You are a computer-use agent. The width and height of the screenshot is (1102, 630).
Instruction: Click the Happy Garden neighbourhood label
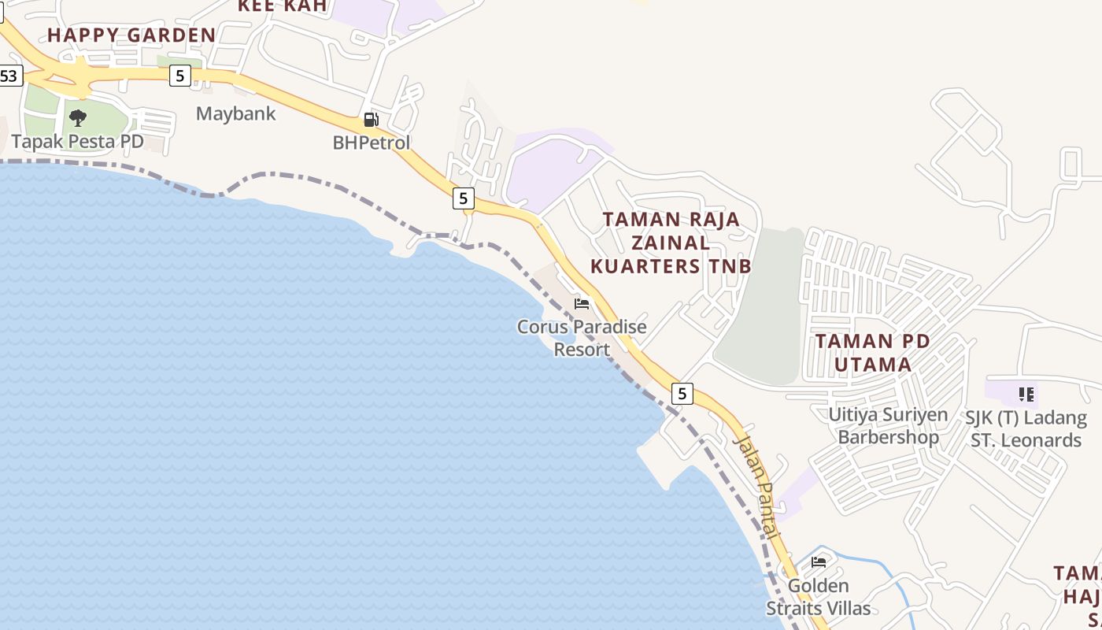(x=131, y=35)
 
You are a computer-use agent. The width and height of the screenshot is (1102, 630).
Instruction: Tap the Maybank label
(x=236, y=113)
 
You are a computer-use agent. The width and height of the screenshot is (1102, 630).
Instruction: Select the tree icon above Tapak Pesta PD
(x=77, y=118)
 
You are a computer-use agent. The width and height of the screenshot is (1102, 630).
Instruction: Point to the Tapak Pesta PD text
(x=77, y=142)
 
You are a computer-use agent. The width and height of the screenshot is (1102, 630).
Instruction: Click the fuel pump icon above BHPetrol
(x=371, y=120)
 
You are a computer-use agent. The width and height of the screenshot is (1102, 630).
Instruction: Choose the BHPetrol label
(x=372, y=143)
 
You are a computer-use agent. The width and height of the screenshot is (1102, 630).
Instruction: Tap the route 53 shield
(x=9, y=76)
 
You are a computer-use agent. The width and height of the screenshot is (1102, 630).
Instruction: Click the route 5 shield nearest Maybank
(x=180, y=76)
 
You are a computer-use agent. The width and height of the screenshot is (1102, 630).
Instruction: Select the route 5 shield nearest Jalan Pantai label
(x=682, y=393)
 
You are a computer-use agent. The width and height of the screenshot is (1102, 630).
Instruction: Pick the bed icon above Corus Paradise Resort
(x=582, y=303)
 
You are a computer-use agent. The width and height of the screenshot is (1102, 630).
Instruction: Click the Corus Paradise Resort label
(x=582, y=338)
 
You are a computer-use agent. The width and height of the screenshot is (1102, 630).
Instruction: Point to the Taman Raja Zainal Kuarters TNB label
(x=671, y=243)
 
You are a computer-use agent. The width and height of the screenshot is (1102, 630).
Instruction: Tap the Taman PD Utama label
(x=872, y=353)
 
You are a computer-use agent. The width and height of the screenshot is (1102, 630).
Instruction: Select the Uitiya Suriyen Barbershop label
(x=888, y=425)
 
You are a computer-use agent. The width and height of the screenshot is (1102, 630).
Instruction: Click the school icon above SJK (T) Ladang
(x=1025, y=393)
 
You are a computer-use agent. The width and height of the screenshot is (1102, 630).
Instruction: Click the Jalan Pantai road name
(x=756, y=486)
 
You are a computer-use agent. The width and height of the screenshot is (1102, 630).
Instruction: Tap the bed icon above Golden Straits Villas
(x=819, y=561)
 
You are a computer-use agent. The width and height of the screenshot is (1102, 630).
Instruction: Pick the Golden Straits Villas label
(x=819, y=597)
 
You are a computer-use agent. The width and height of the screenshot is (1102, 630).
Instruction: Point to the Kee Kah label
(x=282, y=6)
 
